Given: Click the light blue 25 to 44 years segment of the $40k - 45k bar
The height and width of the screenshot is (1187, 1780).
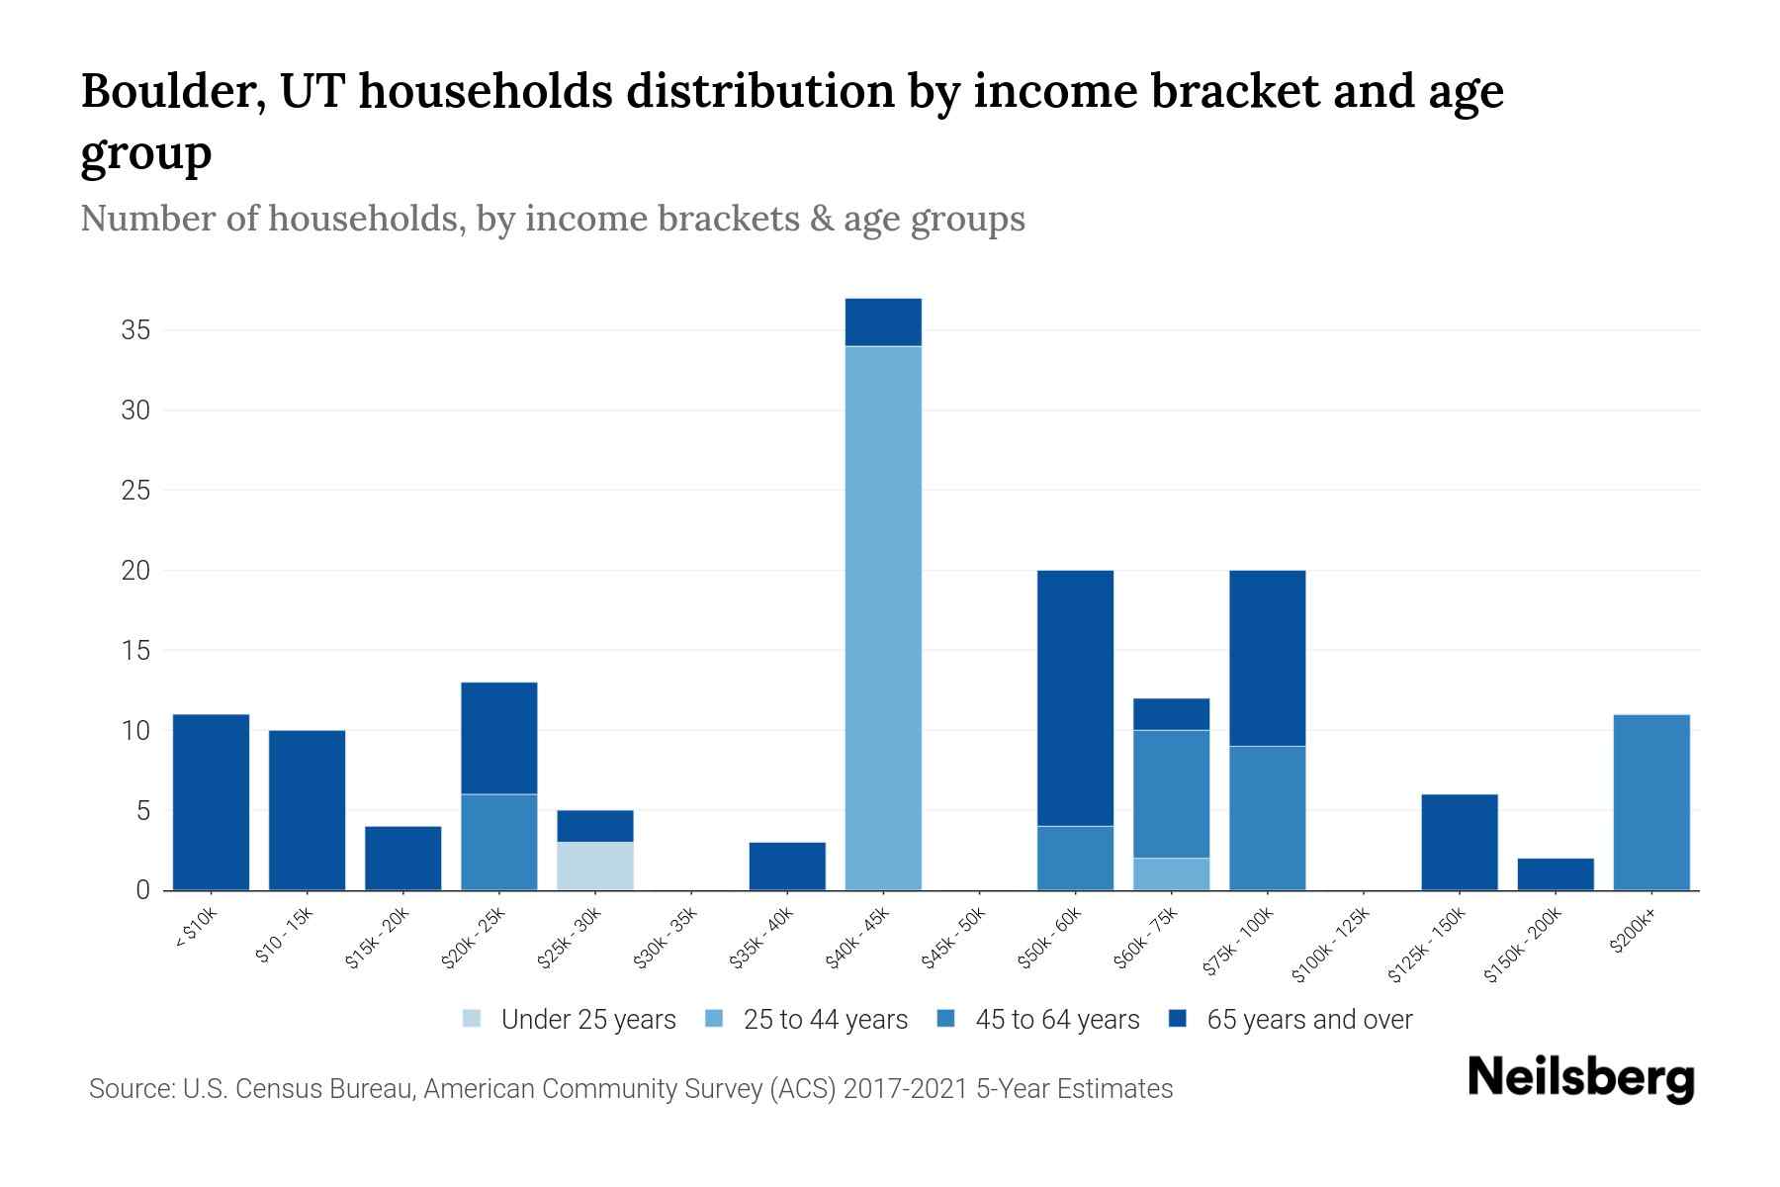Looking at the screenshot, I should pyautogui.click(x=883, y=617).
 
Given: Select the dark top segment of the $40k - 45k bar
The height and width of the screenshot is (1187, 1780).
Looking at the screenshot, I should pyautogui.click(x=883, y=321).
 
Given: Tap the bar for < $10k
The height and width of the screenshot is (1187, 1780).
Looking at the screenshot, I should pyautogui.click(x=211, y=801).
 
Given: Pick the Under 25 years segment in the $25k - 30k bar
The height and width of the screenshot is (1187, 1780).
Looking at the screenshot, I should pyautogui.click(x=595, y=866).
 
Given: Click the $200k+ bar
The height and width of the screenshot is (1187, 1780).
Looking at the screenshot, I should pyautogui.click(x=1651, y=801).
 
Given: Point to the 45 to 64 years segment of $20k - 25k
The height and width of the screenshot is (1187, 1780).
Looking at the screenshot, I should pyautogui.click(x=499, y=842).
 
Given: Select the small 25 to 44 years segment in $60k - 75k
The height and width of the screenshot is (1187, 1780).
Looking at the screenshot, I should pyautogui.click(x=1171, y=873).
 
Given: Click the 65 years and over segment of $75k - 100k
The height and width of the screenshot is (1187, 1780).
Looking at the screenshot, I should pyautogui.click(x=1267, y=658).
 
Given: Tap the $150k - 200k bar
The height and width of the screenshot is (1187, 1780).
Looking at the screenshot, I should pyautogui.click(x=1556, y=873).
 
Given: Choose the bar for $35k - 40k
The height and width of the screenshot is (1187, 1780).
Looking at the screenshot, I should pyautogui.click(x=787, y=866).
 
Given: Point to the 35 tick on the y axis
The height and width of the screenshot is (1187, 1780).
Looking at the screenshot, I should pyautogui.click(x=135, y=330).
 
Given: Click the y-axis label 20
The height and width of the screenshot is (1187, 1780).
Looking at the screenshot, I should pyautogui.click(x=135, y=571).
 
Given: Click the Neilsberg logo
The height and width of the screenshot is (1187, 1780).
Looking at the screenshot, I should pyautogui.click(x=1580, y=1078).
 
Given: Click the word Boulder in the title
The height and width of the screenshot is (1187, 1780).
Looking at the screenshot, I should pyautogui.click(x=171, y=91).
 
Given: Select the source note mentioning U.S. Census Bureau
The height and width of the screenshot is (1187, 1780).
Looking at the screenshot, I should pyautogui.click(x=630, y=1089).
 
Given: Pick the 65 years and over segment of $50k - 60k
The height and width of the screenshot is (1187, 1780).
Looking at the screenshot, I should pyautogui.click(x=1075, y=697).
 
